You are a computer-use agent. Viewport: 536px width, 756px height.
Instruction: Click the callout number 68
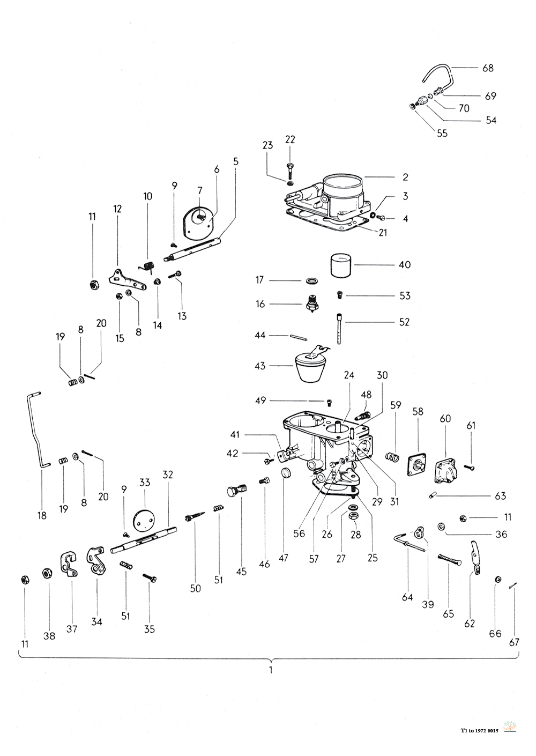[x=488, y=68]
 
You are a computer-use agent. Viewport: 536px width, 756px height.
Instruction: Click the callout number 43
[x=260, y=366]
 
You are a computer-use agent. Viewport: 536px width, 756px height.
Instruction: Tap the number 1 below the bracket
[x=271, y=670]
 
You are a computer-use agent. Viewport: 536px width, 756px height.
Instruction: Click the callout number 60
[x=445, y=418]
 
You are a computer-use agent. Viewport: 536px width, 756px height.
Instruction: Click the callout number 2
[x=406, y=177]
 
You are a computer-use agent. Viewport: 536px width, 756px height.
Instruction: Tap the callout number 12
[x=117, y=209]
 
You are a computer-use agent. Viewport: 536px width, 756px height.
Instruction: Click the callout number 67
[x=514, y=642]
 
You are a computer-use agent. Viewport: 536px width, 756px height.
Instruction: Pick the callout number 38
[x=49, y=636]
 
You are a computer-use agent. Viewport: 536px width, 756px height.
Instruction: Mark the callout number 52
[x=404, y=322]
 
